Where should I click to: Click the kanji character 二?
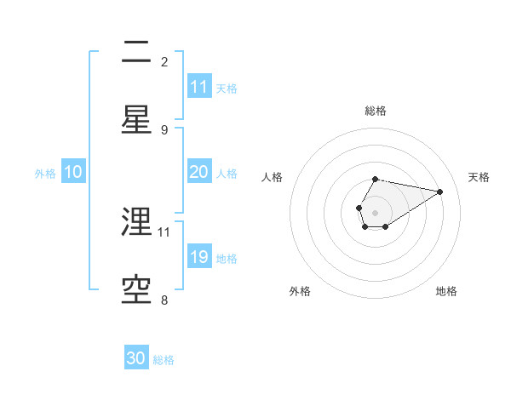tap(136, 54)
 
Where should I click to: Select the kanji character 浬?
tap(136, 222)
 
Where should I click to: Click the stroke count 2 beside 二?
tap(164, 62)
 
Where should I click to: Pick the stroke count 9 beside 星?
tap(164, 129)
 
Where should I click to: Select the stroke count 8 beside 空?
tap(164, 299)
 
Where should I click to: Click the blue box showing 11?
tap(199, 87)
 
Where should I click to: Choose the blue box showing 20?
tap(199, 172)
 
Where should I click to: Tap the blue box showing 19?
tap(199, 257)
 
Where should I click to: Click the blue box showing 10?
tap(73, 172)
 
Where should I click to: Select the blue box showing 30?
tap(136, 358)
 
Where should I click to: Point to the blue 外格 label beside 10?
tap(45, 174)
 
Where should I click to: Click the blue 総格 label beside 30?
tap(164, 360)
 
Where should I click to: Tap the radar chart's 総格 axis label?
tap(376, 111)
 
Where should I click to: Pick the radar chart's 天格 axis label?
tap(479, 177)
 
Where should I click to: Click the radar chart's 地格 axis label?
tap(446, 291)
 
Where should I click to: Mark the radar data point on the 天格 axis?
tap(440, 191)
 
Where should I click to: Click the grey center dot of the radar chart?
tap(375, 211)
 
